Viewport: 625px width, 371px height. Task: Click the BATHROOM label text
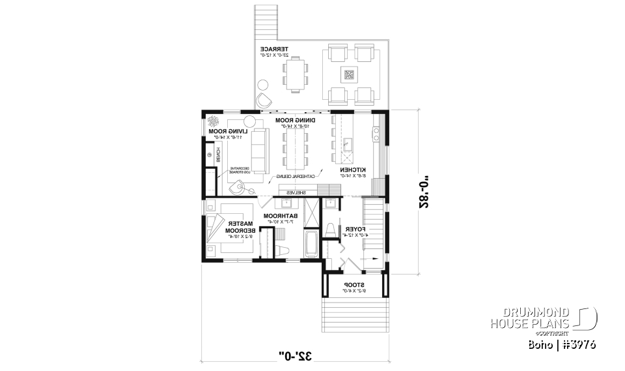click(280, 215)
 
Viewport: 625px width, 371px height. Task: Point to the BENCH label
click(219, 155)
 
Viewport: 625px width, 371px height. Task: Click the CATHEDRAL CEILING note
click(298, 176)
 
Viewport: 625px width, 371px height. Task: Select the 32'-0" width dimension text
click(296, 355)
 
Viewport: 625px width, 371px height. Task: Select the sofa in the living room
click(260, 150)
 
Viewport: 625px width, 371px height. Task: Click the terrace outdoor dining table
click(296, 73)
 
